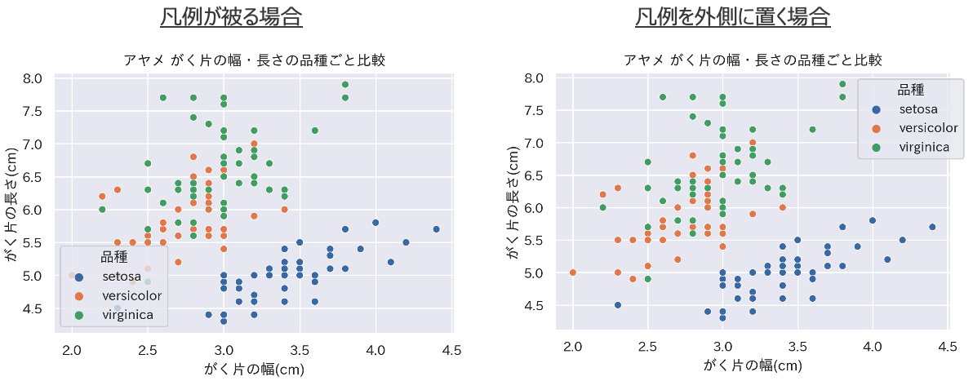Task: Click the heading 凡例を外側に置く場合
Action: (732, 17)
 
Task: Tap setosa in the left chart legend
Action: (122, 277)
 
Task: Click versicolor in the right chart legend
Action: (927, 127)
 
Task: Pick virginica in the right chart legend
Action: (923, 147)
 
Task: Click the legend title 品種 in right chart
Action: (911, 89)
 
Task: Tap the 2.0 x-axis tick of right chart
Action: (573, 346)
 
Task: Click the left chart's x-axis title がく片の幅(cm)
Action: (254, 369)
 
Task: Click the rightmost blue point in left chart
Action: (436, 229)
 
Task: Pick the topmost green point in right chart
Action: (842, 84)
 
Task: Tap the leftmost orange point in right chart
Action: (573, 272)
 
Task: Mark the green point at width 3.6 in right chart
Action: (812, 130)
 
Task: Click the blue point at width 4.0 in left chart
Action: (375, 223)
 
